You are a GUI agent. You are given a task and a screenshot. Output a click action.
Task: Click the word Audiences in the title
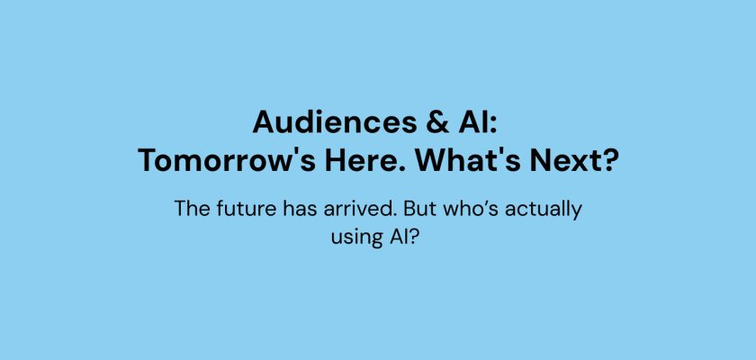[335, 121]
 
